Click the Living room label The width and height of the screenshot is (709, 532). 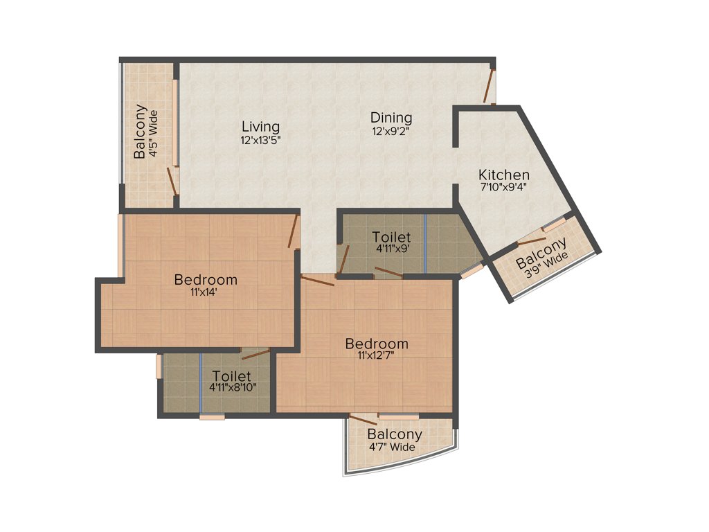[x=260, y=127]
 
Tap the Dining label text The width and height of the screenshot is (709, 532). [x=391, y=118]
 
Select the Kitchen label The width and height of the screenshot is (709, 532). [x=504, y=175]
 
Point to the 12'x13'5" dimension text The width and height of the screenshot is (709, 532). [x=260, y=139]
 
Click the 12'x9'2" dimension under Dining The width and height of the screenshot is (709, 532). [x=391, y=130]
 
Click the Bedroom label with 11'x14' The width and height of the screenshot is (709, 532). [x=206, y=280]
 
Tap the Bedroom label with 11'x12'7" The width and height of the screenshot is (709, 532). [x=377, y=344]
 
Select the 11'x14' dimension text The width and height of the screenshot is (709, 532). [x=206, y=292]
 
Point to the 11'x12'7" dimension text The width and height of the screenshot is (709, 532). [x=377, y=356]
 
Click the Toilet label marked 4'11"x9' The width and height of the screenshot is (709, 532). [x=391, y=237]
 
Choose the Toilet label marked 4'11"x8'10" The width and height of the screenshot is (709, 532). [x=231, y=378]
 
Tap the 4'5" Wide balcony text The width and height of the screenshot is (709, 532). [x=154, y=132]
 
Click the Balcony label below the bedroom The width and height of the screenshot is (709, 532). [x=395, y=434]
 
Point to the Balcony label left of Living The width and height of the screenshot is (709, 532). [x=141, y=132]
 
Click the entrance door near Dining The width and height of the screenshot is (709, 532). [x=489, y=87]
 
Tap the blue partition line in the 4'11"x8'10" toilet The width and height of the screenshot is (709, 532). [x=201, y=383]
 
